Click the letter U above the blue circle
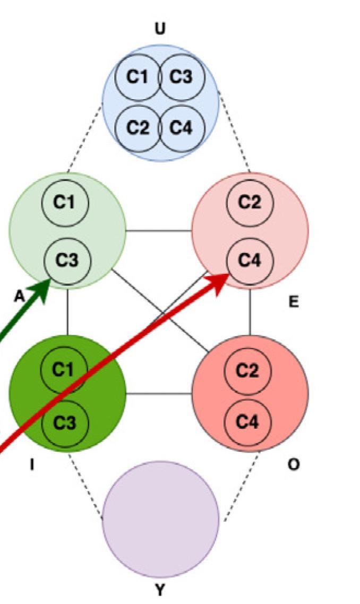[x=159, y=29]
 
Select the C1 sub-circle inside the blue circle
[x=138, y=77]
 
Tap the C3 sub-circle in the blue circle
[x=181, y=77]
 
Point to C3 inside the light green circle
[x=66, y=260]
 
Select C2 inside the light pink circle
[x=249, y=203]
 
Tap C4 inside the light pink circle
[x=249, y=260]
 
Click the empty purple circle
[x=160, y=518]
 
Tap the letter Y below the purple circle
[x=160, y=589]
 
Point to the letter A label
[x=19, y=297]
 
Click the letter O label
[x=293, y=464]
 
